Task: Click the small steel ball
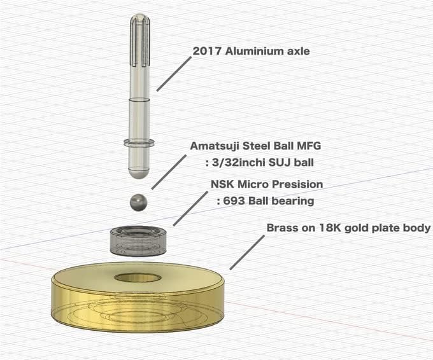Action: [x=139, y=202]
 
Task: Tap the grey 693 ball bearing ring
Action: [x=139, y=240]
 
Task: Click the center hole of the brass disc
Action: [x=138, y=278]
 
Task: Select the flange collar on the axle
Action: [x=139, y=143]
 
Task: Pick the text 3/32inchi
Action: [x=237, y=162]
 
